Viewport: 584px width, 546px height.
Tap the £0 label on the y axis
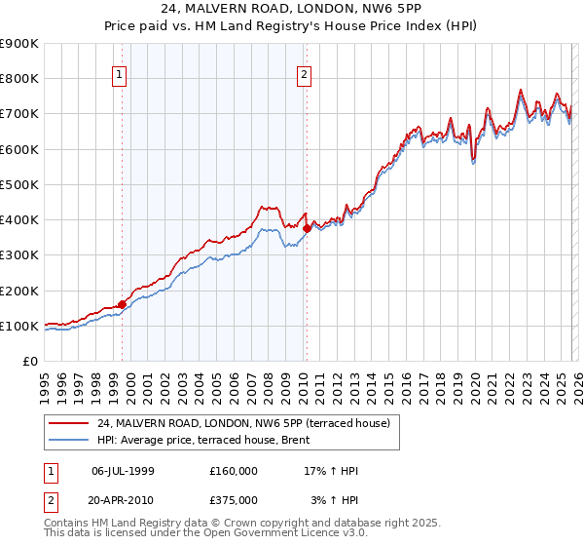click(31, 361)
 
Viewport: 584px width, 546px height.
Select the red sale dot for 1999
click(123, 304)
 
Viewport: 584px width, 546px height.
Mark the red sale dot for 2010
click(307, 228)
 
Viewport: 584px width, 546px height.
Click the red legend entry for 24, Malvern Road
click(243, 423)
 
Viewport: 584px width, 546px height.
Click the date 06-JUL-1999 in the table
click(123, 471)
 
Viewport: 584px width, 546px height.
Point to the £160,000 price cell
click(234, 471)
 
